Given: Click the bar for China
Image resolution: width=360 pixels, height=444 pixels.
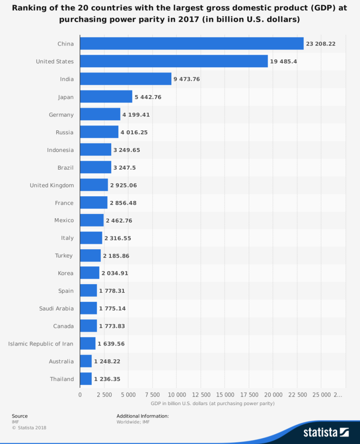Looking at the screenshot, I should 192,44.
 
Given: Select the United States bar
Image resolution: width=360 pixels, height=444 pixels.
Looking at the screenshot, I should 174,61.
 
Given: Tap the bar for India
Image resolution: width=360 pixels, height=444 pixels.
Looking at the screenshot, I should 125,79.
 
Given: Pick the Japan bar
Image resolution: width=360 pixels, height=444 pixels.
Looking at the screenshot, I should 106,97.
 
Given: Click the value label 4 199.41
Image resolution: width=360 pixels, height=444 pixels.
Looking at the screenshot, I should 136,114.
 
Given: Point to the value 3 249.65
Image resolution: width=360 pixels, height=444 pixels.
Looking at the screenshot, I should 127,150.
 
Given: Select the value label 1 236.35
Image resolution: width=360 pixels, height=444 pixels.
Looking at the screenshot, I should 107,379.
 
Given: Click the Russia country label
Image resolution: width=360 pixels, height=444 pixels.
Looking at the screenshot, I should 64,132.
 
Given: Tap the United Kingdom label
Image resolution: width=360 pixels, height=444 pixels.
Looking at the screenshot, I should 52,185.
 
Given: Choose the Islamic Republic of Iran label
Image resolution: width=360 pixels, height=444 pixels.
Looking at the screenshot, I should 41,344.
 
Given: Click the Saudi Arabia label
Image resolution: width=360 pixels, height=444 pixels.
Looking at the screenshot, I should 56,308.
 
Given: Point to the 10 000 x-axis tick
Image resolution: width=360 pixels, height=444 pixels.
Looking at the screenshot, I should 176,394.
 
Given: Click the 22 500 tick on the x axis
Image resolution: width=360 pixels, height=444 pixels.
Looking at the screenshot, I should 297,394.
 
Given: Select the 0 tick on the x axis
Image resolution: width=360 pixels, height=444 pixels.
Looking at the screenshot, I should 80,394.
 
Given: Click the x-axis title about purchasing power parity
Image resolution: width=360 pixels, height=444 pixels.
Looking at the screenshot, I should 212,403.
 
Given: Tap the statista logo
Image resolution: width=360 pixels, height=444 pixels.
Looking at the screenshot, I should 326,432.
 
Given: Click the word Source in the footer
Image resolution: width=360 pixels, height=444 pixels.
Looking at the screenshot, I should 19,416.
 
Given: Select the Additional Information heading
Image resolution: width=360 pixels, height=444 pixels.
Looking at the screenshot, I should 142,416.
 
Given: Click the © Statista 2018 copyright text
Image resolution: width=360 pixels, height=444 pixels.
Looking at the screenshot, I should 29,427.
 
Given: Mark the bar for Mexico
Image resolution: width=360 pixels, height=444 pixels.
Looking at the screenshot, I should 92,220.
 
